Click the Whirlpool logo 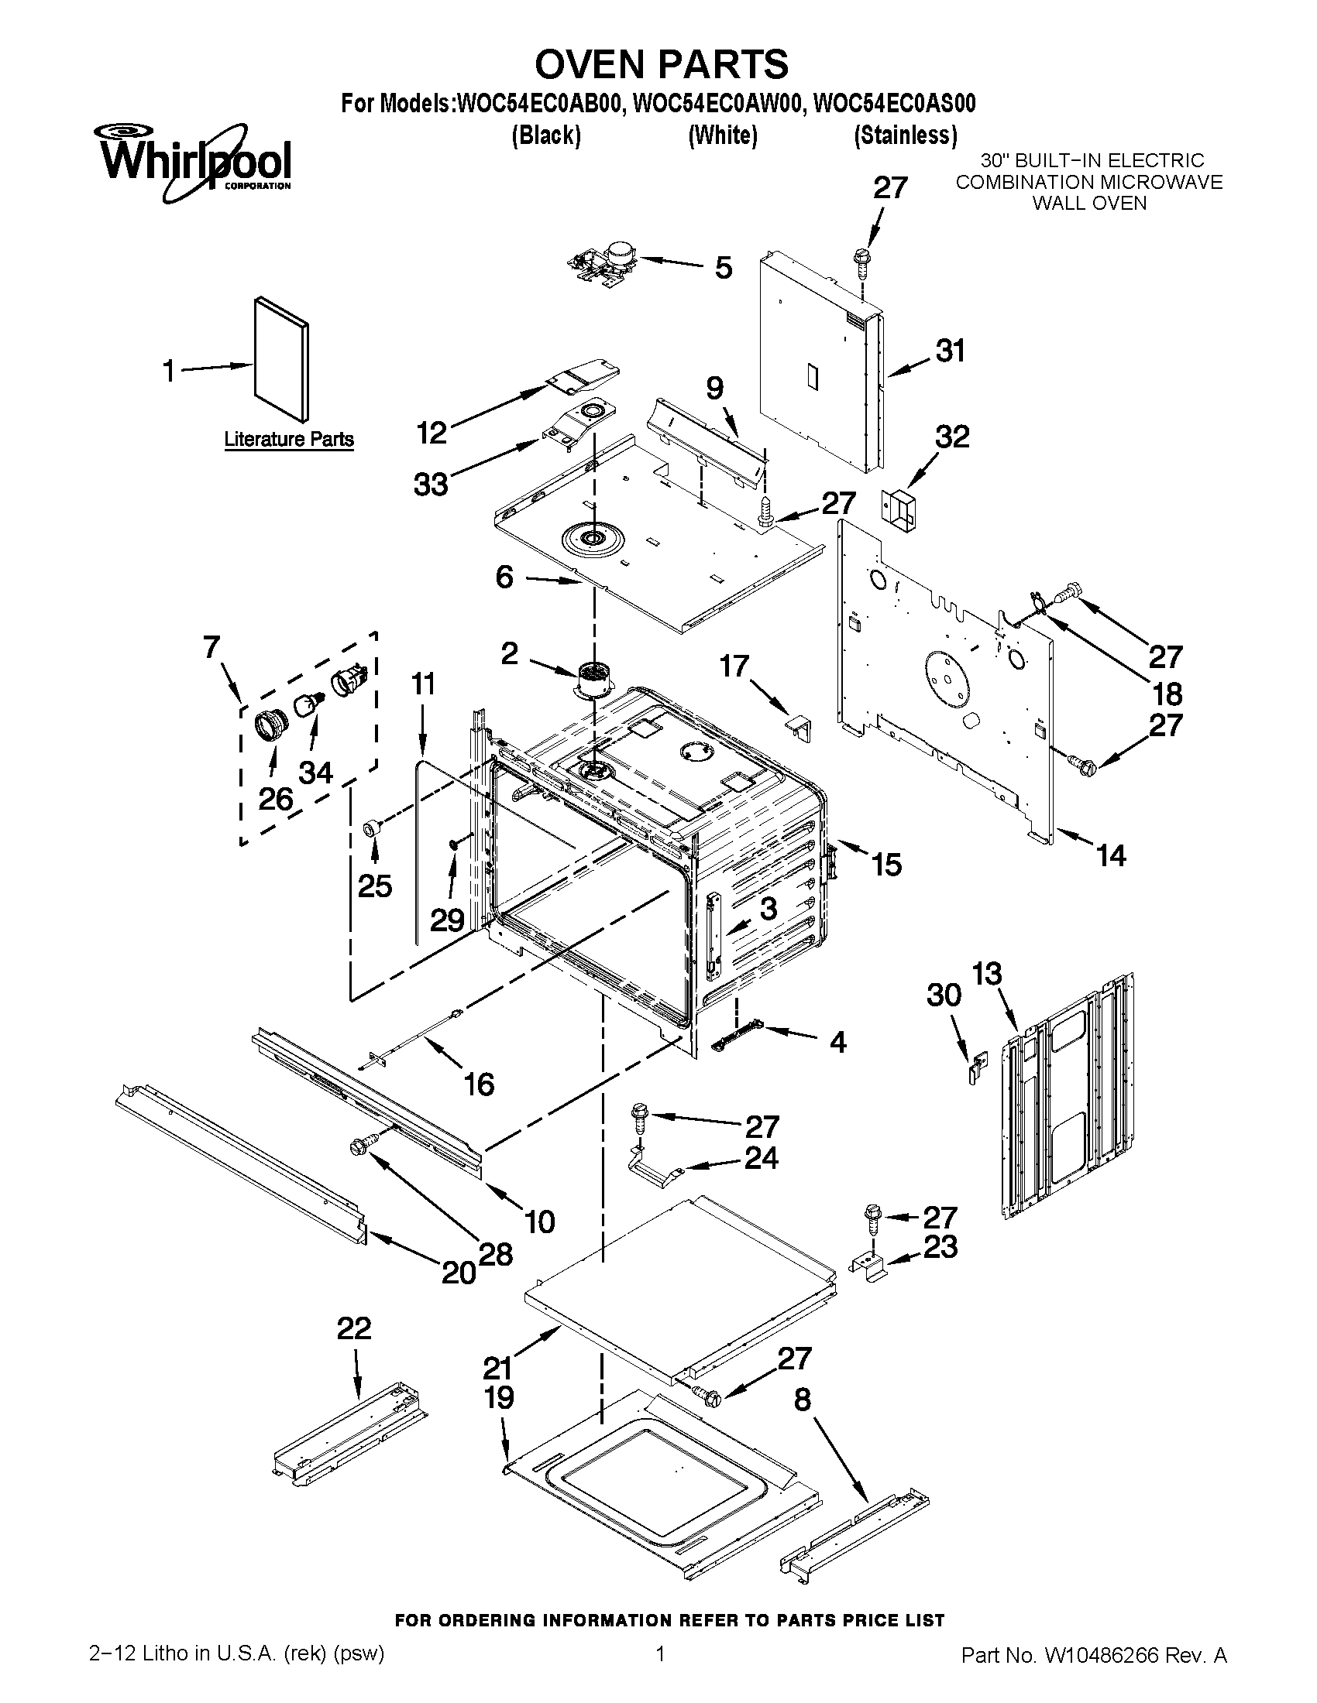tap(194, 162)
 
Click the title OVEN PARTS tap(660, 64)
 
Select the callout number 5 tap(724, 268)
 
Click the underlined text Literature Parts tap(289, 439)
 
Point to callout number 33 tap(431, 485)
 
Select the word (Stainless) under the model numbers tap(905, 135)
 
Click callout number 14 tap(1111, 855)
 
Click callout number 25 tap(374, 886)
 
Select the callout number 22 tap(354, 1328)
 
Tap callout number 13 tap(987, 974)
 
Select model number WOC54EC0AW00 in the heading tap(718, 104)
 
